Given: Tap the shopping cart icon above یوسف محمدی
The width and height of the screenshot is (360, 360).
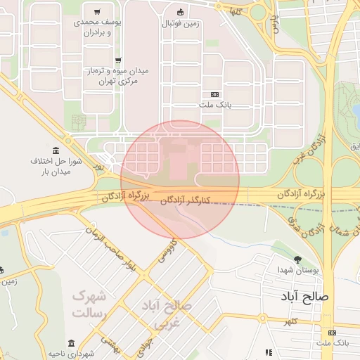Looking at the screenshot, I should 96,12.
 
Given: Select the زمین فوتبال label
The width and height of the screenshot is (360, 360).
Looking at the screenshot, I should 181,23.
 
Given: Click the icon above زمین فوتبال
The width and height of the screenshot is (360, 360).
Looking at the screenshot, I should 181,11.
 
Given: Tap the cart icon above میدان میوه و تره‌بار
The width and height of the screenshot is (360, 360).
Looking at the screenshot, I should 117,60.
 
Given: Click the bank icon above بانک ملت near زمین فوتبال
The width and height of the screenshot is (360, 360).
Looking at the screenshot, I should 214,95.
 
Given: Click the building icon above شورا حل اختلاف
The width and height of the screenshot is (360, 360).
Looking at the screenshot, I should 56,150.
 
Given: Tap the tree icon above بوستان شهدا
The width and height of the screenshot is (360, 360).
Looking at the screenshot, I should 297,259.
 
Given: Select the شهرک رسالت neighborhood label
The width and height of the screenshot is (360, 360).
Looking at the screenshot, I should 89,303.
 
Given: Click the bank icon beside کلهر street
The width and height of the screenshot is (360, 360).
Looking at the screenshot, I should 332,333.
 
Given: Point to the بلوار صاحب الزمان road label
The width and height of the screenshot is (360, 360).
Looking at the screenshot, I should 113,246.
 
